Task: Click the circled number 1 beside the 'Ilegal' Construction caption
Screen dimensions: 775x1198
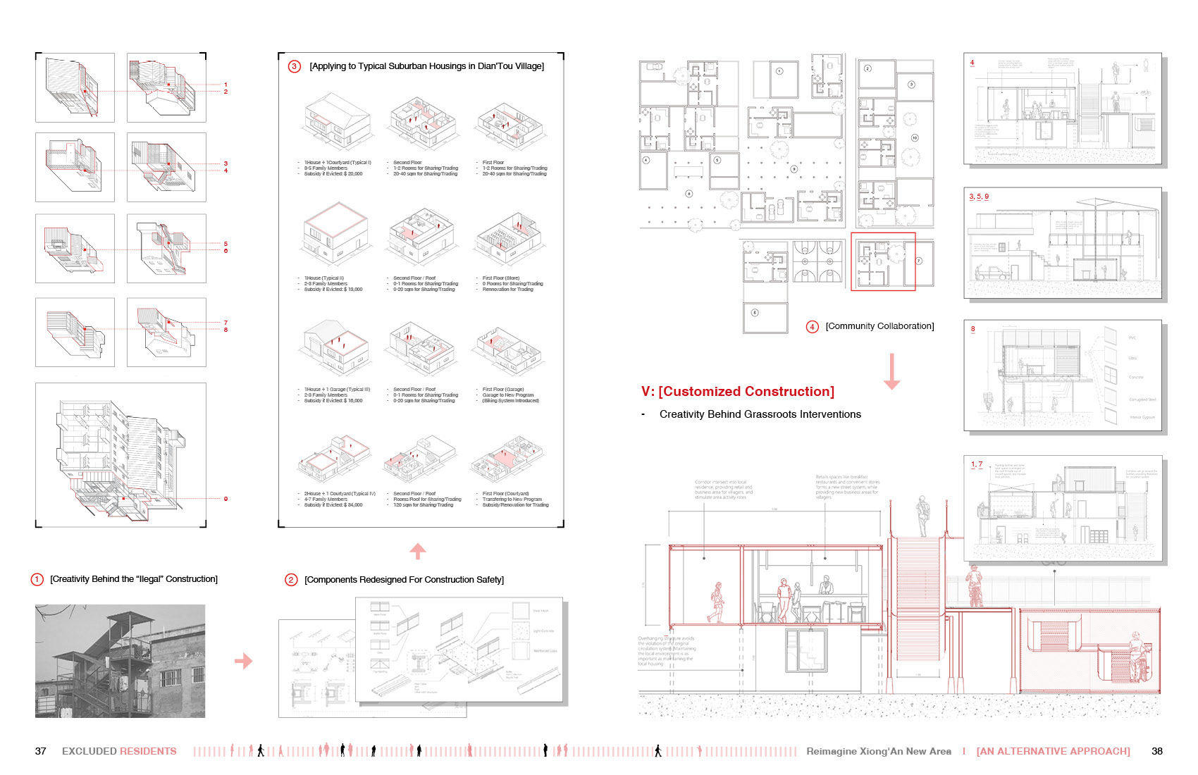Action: pyautogui.click(x=37, y=579)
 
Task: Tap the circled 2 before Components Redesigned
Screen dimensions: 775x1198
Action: pyautogui.click(x=291, y=580)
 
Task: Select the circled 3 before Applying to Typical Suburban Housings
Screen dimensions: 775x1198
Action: pyautogui.click(x=295, y=66)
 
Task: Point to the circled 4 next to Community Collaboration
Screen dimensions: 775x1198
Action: pyautogui.click(x=813, y=326)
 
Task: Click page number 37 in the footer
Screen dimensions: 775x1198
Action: pyautogui.click(x=41, y=751)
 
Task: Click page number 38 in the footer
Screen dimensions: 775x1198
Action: pyautogui.click(x=1156, y=751)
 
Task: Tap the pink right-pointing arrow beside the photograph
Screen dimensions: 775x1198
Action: pyautogui.click(x=243, y=661)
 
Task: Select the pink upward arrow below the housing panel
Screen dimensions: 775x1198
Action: pyautogui.click(x=418, y=551)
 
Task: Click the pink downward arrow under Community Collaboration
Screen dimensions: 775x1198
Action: pyautogui.click(x=891, y=371)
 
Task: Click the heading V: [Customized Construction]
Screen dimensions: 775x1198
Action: pyautogui.click(x=737, y=392)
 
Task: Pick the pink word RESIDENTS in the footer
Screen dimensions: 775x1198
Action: pyautogui.click(x=148, y=751)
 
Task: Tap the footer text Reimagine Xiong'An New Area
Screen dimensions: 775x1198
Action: pyautogui.click(x=878, y=751)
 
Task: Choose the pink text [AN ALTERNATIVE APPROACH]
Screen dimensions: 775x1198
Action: pyautogui.click(x=1053, y=751)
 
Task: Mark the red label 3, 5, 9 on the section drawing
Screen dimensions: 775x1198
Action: pyautogui.click(x=979, y=197)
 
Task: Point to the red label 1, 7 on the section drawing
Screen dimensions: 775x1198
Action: pyautogui.click(x=977, y=464)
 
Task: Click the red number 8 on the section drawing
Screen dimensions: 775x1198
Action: pyautogui.click(x=973, y=329)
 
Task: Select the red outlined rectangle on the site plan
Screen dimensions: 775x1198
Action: pyautogui.click(x=883, y=261)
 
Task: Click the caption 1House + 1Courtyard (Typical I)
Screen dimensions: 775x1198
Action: pyautogui.click(x=338, y=163)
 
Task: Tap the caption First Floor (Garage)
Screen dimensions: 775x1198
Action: pyautogui.click(x=503, y=390)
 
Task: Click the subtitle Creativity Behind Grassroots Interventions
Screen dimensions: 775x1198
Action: pyautogui.click(x=760, y=414)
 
